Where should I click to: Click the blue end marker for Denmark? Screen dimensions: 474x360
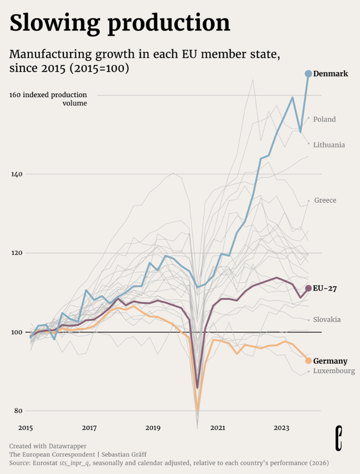coord(308,73)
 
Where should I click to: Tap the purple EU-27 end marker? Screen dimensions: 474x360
coord(308,289)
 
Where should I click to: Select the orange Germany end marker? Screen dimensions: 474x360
coord(308,361)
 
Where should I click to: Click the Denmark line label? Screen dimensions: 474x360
coord(330,73)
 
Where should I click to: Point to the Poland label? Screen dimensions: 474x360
coord(324,119)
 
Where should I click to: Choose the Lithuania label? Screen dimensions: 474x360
coord(329,145)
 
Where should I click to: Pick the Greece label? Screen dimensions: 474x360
coord(325,200)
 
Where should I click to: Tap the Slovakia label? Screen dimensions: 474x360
coord(327,319)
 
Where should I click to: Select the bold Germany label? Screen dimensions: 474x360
coord(330,361)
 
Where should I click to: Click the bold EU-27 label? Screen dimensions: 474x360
coord(326,289)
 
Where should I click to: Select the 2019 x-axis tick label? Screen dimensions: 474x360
coord(153,427)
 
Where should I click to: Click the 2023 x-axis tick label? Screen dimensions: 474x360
coord(281,427)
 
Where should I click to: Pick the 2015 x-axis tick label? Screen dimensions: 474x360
coord(26,427)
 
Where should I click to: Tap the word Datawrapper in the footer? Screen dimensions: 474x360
coord(66,445)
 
